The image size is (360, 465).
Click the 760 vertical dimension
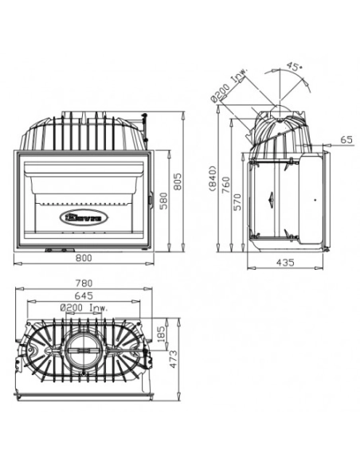[225, 184]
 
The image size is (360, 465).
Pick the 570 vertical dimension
[237, 204]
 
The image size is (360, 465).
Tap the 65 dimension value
[345, 139]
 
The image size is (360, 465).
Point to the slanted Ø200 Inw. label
[229, 84]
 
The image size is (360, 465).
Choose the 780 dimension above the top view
[83, 283]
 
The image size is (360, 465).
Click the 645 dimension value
[83, 295]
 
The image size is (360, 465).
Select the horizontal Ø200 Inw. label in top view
[84, 307]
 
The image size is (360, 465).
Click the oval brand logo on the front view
[83, 216]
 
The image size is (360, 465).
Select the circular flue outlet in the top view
[84, 349]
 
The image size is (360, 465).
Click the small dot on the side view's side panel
[315, 197]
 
